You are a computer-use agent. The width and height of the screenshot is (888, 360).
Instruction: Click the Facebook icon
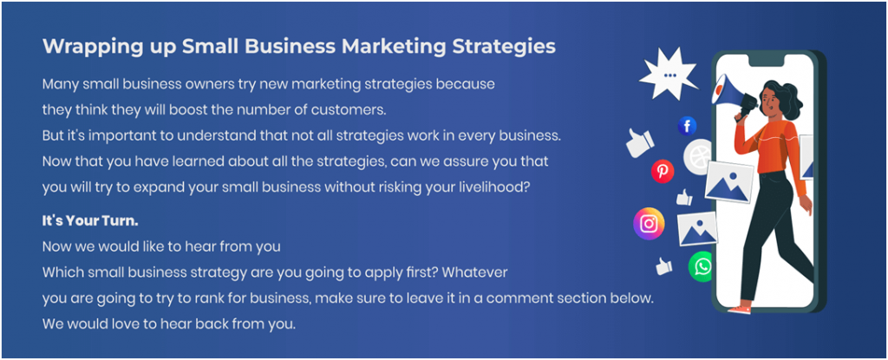(687, 126)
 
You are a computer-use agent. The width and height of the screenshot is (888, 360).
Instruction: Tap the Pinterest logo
(663, 171)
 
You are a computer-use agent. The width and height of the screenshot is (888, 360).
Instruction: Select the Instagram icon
(649, 223)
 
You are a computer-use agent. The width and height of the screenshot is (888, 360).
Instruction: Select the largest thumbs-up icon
(640, 141)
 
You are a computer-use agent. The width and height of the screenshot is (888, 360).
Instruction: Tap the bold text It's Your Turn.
(90, 221)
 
